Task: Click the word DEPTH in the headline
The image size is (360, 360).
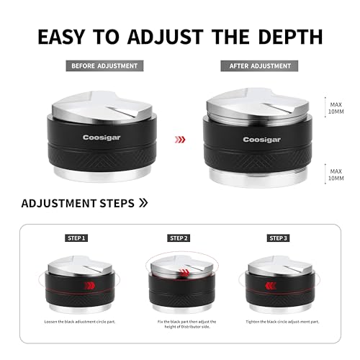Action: click(284, 37)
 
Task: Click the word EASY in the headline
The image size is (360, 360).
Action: click(69, 37)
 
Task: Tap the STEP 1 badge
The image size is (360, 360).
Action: click(75, 238)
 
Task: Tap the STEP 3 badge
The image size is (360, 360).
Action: click(277, 238)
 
